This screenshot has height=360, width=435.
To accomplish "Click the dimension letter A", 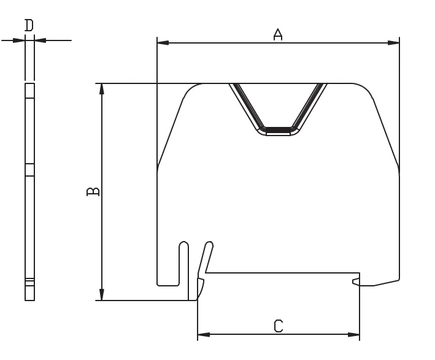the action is (278, 34).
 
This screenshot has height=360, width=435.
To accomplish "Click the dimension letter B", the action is (93, 191).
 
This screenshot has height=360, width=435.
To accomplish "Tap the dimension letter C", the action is (279, 326).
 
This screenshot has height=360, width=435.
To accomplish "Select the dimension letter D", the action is (29, 25).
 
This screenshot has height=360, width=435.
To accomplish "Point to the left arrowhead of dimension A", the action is (163, 43).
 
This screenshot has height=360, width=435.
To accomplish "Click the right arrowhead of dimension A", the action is (393, 43).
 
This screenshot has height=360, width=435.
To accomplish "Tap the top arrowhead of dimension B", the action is (102, 90).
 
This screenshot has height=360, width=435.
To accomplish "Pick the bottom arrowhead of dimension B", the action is (102, 294).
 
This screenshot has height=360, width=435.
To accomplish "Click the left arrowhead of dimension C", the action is (203, 334).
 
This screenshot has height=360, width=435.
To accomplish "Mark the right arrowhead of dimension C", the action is (353, 334).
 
